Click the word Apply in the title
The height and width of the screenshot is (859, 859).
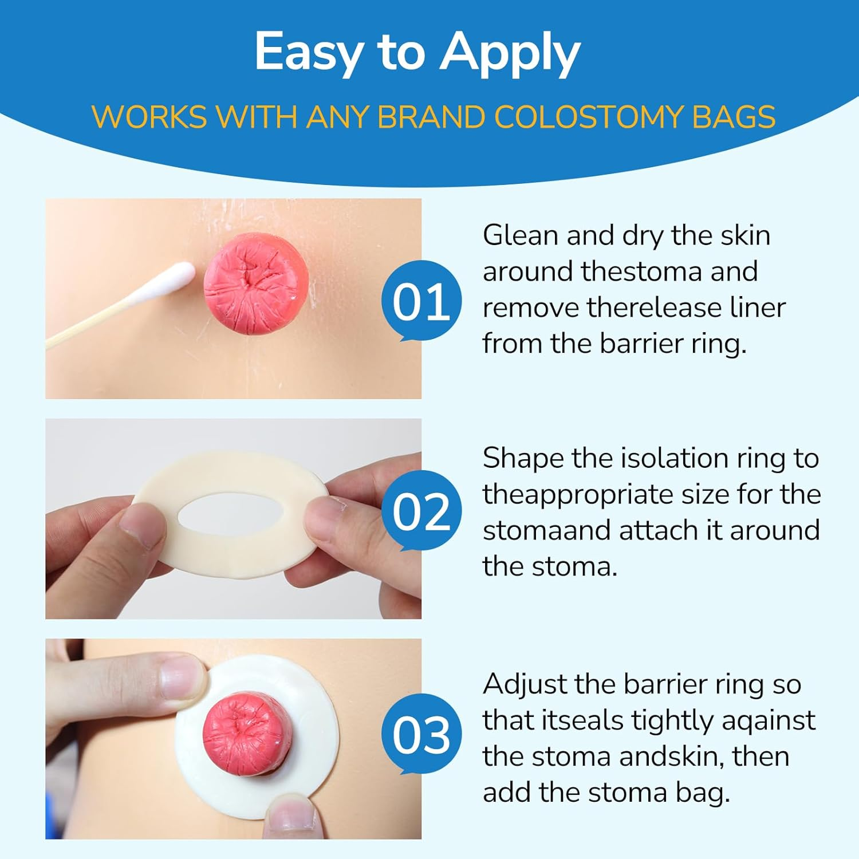tap(510, 53)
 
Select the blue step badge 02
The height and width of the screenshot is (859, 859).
tap(421, 511)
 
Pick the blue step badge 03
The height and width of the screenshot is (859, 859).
tap(421, 735)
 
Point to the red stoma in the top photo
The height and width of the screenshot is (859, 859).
tap(256, 283)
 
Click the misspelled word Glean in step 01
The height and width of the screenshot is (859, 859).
tap(520, 235)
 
